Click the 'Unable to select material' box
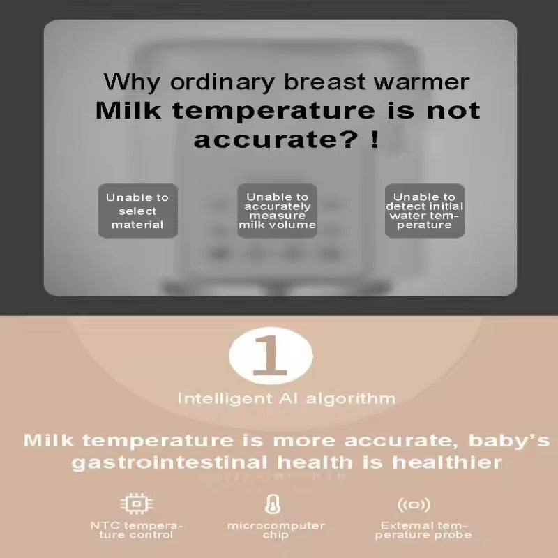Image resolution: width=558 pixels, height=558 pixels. coord(137,211)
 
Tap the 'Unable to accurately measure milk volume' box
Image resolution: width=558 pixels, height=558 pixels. coord(277,211)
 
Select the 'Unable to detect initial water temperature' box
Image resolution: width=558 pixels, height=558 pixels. coord(425,211)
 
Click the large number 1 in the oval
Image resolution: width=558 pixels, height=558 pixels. coord(271,355)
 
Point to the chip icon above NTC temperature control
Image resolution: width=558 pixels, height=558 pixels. coord(137,504)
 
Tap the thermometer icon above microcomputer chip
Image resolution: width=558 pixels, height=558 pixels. coord(273,504)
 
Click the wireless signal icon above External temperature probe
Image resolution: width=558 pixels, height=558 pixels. coord(414,504)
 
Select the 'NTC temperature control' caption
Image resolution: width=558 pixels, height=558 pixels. coord(137,530)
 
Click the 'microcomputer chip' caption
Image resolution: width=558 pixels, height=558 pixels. coord(276,530)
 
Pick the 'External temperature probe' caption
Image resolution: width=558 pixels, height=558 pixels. coord(425,530)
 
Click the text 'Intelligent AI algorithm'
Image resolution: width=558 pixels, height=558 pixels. coord(286,399)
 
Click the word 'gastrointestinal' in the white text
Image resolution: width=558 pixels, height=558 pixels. coord(169,462)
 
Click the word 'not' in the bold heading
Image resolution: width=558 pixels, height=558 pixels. coord(453,110)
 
